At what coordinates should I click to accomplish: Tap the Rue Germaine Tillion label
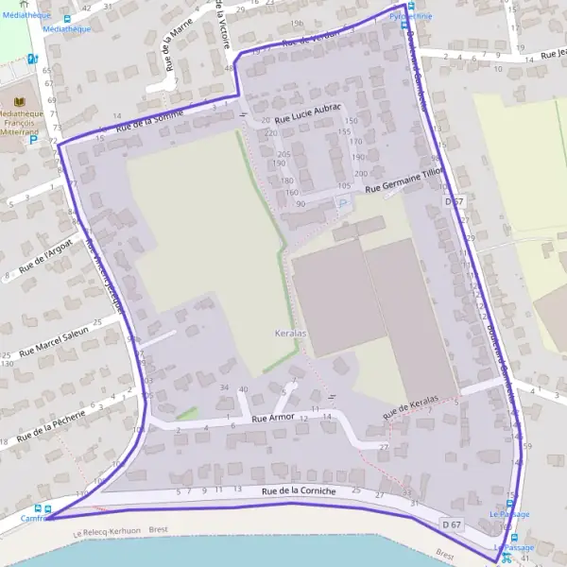click(404, 180)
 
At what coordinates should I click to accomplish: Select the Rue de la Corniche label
click(299, 490)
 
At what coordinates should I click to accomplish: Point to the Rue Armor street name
click(273, 416)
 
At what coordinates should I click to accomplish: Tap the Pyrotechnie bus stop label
click(411, 16)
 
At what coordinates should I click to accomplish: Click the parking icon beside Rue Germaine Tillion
click(343, 202)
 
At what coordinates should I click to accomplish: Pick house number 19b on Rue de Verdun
click(298, 23)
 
